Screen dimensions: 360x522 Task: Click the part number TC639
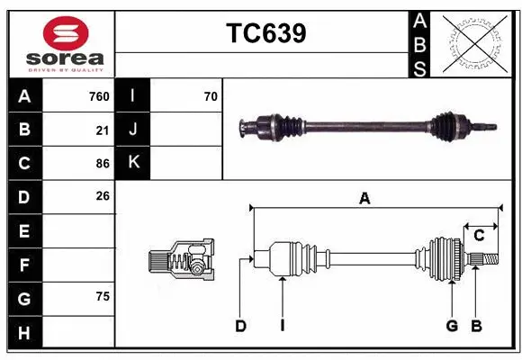click(x=265, y=33)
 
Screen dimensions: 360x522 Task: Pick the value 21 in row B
click(x=103, y=130)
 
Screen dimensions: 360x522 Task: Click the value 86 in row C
click(x=103, y=163)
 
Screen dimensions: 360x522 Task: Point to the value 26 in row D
click(x=103, y=195)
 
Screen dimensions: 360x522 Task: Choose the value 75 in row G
click(x=103, y=296)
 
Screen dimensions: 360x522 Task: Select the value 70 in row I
click(x=211, y=96)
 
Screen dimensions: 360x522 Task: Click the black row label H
click(x=24, y=333)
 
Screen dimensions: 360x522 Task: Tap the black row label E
click(x=24, y=231)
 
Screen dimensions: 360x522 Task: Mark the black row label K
click(x=133, y=163)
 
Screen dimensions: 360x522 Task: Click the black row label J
click(x=133, y=130)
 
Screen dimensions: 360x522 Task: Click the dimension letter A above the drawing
click(x=364, y=198)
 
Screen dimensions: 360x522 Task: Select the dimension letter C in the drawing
click(x=479, y=235)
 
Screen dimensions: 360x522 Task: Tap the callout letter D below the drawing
click(x=240, y=326)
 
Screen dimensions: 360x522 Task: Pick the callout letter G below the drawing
click(x=452, y=326)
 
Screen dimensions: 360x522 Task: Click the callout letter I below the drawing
click(x=282, y=326)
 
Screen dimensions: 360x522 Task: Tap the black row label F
click(x=24, y=265)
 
